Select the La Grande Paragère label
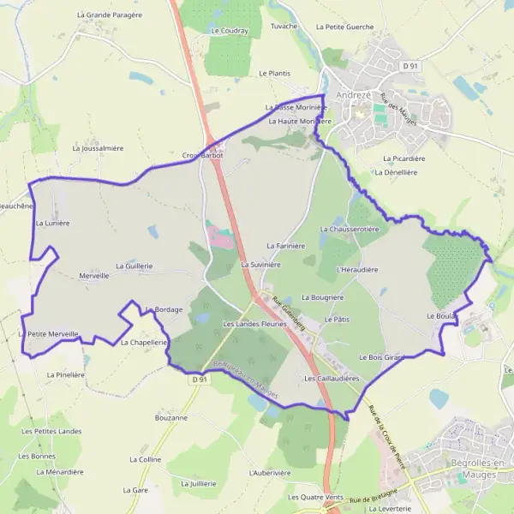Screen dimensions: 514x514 108,15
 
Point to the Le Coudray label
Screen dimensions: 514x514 229,30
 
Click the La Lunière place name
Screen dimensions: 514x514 52,223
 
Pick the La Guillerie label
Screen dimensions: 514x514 133,266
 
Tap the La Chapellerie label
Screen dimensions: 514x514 143,342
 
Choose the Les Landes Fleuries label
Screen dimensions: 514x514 254,324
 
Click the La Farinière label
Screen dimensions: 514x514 286,246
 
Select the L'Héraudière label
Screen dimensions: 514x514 358,269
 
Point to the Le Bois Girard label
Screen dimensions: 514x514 381,356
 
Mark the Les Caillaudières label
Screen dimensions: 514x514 332,378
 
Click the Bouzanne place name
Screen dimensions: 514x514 171,417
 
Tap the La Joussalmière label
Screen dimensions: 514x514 99,148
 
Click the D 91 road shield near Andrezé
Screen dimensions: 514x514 411,66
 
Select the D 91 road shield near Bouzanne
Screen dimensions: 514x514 200,379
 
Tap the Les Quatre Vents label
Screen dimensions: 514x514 316,497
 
